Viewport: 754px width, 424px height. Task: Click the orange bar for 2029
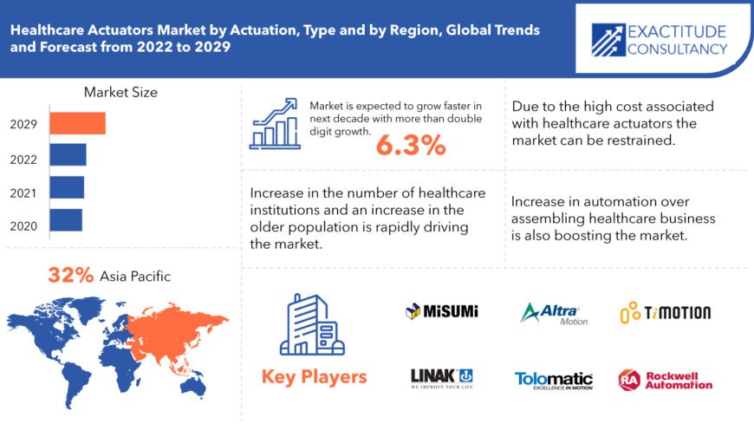[77, 123]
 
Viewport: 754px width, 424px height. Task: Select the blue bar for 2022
[68, 155]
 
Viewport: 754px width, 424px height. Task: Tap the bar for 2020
[65, 219]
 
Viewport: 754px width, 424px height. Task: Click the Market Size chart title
[120, 92]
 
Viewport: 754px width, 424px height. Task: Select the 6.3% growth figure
[411, 147]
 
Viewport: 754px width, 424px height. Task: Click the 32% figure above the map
[70, 276]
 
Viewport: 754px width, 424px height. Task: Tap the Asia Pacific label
[135, 277]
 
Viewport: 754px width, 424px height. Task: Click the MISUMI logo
[442, 310]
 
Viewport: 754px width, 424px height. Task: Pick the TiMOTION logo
[665, 312]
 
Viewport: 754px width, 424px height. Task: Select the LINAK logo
[441, 378]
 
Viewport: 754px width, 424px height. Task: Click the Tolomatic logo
[554, 379]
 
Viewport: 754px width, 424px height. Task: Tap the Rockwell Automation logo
[665, 379]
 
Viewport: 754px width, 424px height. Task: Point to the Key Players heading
[314, 377]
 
